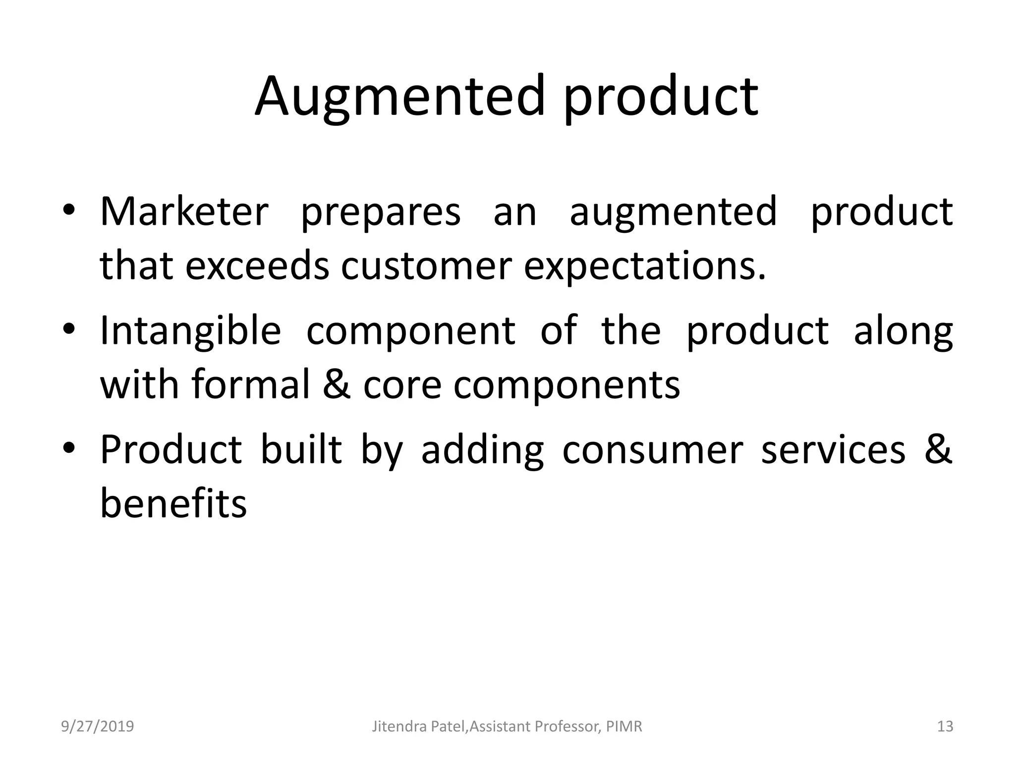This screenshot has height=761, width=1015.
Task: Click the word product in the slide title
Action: pos(660,97)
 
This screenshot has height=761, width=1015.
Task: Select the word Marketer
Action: pos(184,212)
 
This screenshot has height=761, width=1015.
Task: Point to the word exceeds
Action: pos(257,266)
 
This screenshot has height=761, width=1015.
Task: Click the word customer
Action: pos(426,267)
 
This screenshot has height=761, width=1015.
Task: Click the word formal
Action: pos(251,384)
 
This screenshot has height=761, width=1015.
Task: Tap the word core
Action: pos(402,385)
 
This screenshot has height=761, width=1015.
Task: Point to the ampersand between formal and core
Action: pos(337,384)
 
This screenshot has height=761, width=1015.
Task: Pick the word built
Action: pos(301,449)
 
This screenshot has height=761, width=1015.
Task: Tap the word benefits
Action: pos(173,503)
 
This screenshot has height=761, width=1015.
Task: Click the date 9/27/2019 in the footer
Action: pos(98,726)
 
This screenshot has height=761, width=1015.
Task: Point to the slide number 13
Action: pos(945,726)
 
